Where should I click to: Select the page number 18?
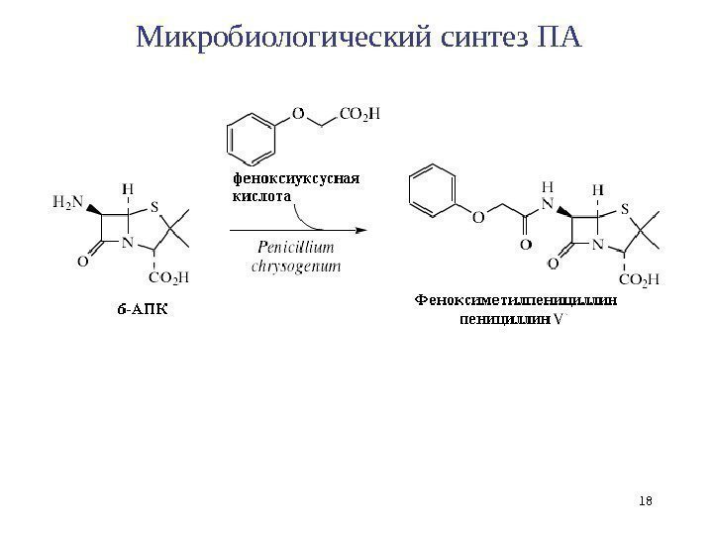[x=648, y=502]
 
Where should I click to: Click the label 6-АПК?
[x=142, y=307]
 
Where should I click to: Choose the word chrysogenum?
[x=296, y=266]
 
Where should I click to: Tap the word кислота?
[x=260, y=196]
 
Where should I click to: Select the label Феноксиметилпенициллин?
[x=514, y=298]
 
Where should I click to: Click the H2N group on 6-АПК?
[x=68, y=203]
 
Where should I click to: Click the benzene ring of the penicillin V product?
[x=433, y=189]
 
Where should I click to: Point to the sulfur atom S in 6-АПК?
[x=156, y=209]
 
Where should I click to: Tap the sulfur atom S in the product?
[x=623, y=209]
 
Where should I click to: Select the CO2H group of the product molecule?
[x=637, y=280]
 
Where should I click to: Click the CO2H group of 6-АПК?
[x=168, y=278]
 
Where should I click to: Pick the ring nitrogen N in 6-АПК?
[x=129, y=239]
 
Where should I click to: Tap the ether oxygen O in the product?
[x=479, y=216]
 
